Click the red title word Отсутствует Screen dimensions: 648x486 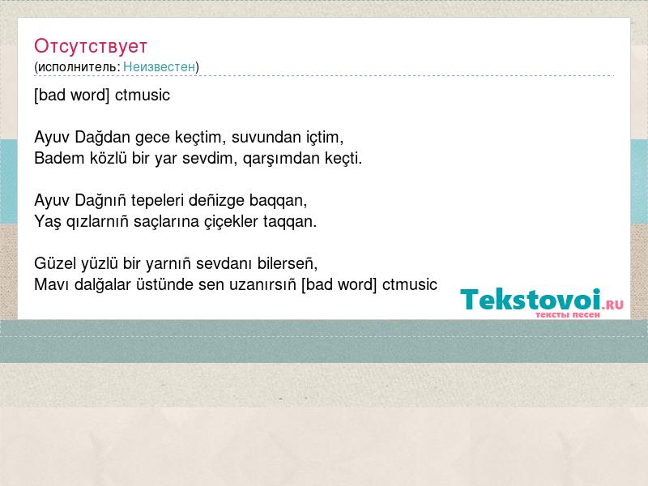point(91,46)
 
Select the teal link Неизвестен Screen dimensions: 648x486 point(159,66)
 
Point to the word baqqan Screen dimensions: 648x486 point(277,201)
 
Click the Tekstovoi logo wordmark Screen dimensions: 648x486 point(531,299)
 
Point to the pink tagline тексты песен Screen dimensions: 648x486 point(568,315)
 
